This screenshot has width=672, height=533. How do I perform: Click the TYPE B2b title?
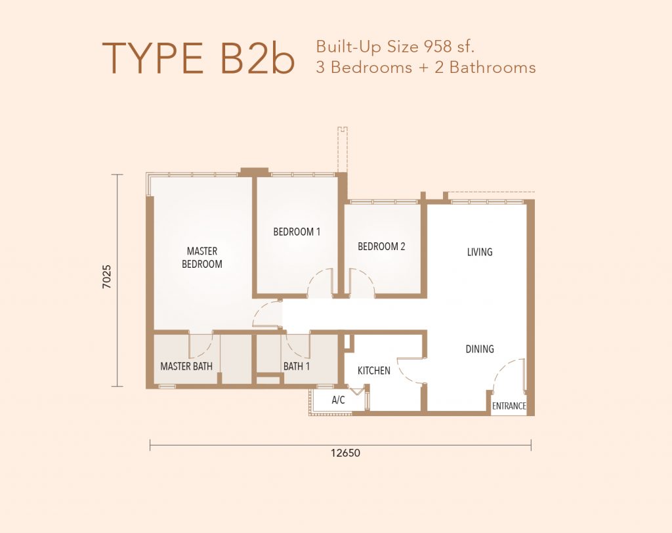pyautogui.click(x=198, y=58)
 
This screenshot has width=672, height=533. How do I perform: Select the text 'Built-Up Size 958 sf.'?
pyautogui.click(x=395, y=47)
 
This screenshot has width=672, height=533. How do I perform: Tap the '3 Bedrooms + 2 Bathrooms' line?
pyautogui.click(x=426, y=68)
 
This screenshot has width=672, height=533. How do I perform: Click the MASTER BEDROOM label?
pyautogui.click(x=202, y=257)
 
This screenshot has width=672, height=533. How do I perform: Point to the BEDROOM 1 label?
pyautogui.click(x=297, y=232)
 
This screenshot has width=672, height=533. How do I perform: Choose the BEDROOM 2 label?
pyautogui.click(x=381, y=247)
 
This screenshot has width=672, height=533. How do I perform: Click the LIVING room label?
pyautogui.click(x=480, y=252)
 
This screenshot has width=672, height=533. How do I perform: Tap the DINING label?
pyautogui.click(x=480, y=349)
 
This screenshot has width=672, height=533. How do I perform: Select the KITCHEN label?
pyautogui.click(x=373, y=370)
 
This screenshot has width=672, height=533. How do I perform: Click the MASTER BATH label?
pyautogui.click(x=186, y=366)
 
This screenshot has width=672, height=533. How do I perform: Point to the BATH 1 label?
pyautogui.click(x=297, y=366)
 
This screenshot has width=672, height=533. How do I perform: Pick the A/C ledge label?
pyautogui.click(x=338, y=400)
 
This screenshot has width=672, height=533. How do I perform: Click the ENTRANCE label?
pyautogui.click(x=509, y=406)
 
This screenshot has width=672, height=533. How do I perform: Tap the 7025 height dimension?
pyautogui.click(x=107, y=276)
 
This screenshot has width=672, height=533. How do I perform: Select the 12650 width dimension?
pyautogui.click(x=345, y=453)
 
